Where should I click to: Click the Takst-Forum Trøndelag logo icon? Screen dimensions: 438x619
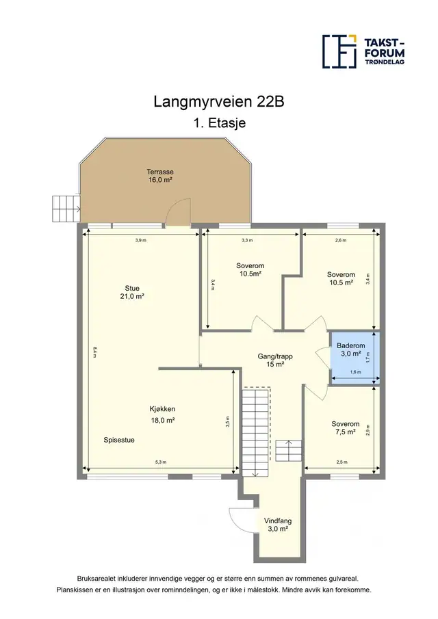[x=339, y=51]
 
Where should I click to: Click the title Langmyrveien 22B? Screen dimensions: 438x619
[x=219, y=102]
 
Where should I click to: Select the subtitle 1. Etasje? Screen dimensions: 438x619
[x=219, y=122]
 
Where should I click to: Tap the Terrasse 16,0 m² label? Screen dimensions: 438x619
[x=160, y=176]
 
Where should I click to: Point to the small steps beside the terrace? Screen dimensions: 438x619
[x=66, y=209]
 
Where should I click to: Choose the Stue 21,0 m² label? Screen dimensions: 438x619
[x=132, y=292]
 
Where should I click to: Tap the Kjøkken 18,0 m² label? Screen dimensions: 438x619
[x=162, y=414]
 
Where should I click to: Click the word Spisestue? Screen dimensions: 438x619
[x=119, y=440]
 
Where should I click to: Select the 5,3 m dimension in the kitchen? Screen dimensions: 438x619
[x=161, y=462]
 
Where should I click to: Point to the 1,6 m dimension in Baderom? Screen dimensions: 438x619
[x=355, y=372]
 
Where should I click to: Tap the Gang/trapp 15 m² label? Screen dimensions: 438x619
[x=275, y=360]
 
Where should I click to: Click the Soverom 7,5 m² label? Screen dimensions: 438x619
[x=346, y=428]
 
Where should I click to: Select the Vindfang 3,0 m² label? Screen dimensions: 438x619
[x=278, y=525]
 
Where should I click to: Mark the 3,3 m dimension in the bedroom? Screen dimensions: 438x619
[x=247, y=240]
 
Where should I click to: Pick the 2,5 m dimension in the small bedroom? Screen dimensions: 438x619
[x=342, y=462]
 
